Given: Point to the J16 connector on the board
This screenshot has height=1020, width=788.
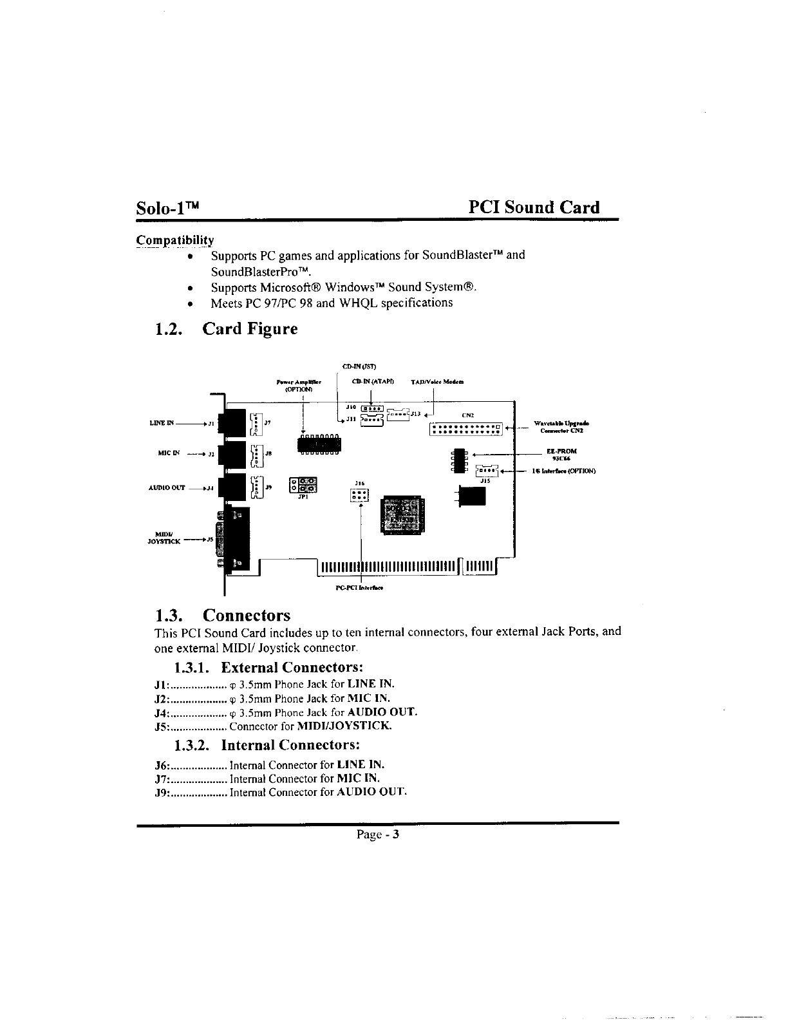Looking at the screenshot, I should coord(359,495).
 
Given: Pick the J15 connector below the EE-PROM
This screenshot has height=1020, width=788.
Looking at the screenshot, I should coord(487,471).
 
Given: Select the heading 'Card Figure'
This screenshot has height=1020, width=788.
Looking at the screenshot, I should coord(250,329).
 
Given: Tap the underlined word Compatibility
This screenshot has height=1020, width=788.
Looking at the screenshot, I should coord(174,241).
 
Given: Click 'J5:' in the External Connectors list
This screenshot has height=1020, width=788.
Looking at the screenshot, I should coord(162,727).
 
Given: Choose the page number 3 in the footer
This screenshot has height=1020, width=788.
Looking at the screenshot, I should coord(397,835).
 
